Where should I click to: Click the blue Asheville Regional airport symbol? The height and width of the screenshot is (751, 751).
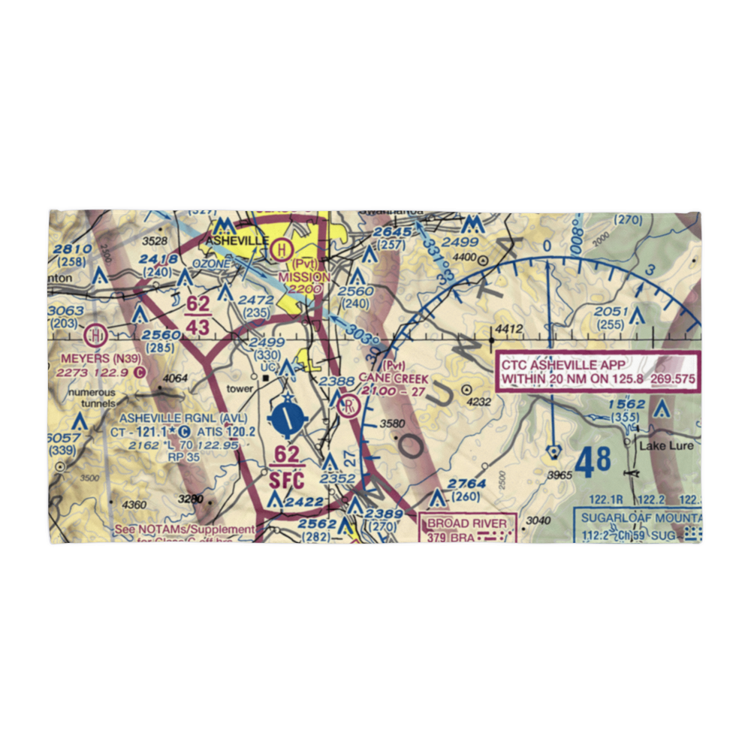click(288, 420)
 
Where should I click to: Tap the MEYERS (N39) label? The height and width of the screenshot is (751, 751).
click(95, 358)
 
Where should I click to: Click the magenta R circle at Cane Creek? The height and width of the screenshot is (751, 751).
click(349, 407)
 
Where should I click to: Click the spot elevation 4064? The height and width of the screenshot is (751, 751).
click(175, 378)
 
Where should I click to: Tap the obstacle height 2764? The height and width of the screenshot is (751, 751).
click(468, 484)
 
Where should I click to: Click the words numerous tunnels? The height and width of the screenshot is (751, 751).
click(92, 399)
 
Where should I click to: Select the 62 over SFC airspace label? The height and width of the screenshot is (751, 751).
click(286, 466)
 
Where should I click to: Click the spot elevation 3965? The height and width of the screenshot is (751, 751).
click(559, 475)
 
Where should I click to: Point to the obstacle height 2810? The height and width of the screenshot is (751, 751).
click(73, 249)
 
